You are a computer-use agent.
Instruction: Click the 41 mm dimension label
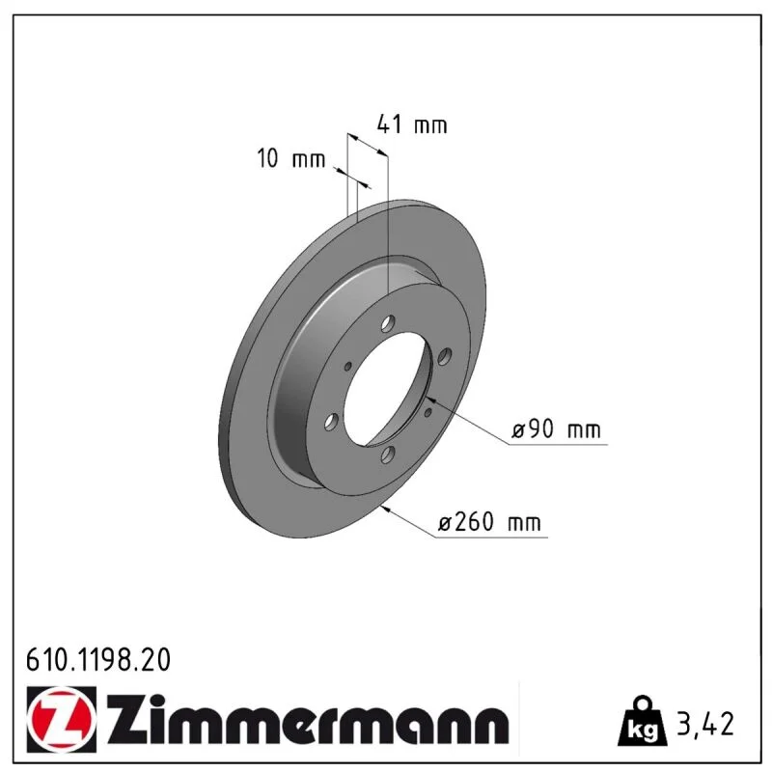(x=412, y=124)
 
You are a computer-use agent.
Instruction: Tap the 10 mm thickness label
(x=291, y=158)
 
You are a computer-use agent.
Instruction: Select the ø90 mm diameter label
(x=557, y=429)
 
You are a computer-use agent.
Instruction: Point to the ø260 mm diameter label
(x=489, y=522)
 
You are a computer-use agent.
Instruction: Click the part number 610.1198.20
(x=98, y=660)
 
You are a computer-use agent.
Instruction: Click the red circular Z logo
(x=62, y=720)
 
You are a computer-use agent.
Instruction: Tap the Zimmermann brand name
(x=308, y=720)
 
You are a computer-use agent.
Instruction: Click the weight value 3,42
(x=705, y=724)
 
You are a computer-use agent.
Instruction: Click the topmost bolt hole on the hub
(x=389, y=324)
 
